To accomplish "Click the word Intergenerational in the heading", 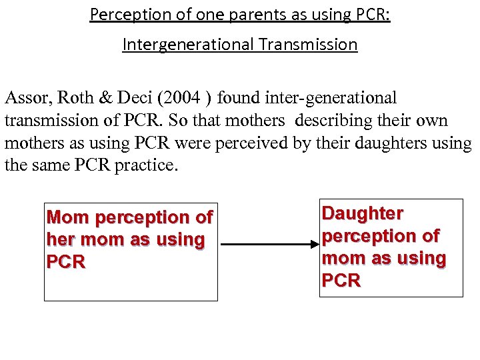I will pyautogui.click(x=188, y=45).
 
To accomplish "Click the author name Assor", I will pyautogui.click(x=27, y=99).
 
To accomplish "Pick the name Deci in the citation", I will pyautogui.click(x=134, y=99).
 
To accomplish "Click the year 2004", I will pyautogui.click(x=183, y=99).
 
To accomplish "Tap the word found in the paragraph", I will pyautogui.click(x=239, y=99).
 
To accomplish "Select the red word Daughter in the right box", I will pyautogui.click(x=362, y=213).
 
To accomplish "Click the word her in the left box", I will pyautogui.click(x=59, y=239).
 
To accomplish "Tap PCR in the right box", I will pyautogui.click(x=341, y=281).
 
